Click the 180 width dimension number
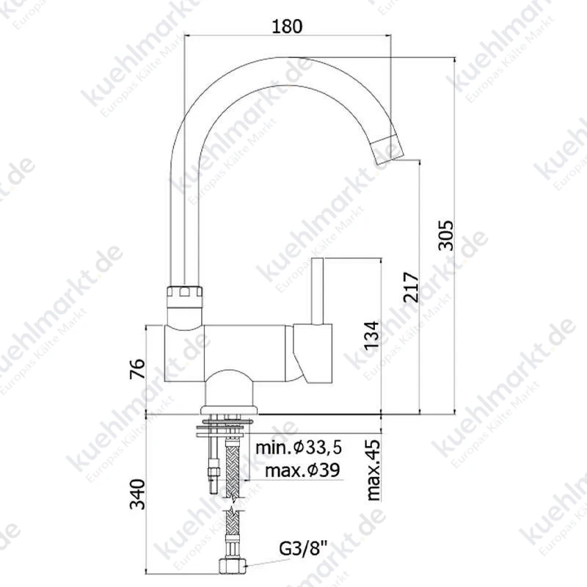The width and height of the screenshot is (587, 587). click(287, 26)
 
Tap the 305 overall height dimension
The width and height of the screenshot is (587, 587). click(446, 235)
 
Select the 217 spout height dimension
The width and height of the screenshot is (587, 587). click(411, 287)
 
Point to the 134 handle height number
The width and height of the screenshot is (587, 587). click(372, 335)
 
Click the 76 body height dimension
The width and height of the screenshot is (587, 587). click(137, 369)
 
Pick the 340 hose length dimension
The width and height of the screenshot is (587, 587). click(137, 494)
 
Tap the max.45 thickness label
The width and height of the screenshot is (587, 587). click(373, 470)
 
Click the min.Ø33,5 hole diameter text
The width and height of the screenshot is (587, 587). click(299, 448)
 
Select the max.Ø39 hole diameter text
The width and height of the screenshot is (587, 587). click(302, 470)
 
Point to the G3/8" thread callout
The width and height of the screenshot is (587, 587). click(302, 549)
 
